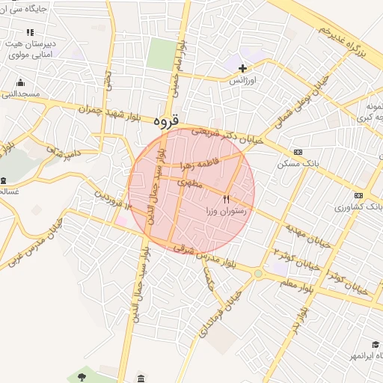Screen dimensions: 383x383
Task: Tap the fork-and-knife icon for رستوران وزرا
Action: click(227, 199)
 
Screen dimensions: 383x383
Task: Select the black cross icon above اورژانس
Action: click(242, 68)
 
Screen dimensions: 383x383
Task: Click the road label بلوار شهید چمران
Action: click(108, 111)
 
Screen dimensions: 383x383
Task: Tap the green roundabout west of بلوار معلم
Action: click(258, 274)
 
